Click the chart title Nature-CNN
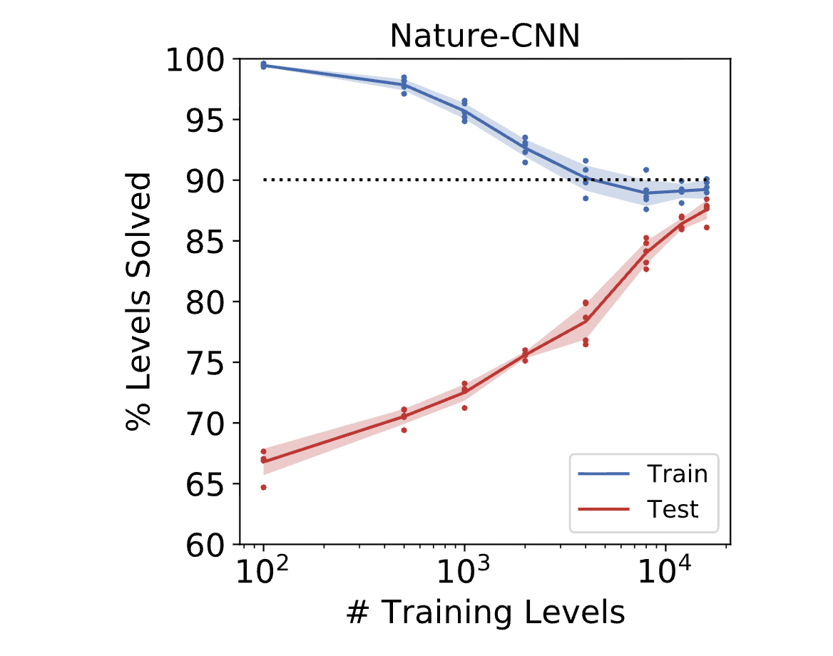pos(484,36)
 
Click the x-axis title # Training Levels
pos(484,613)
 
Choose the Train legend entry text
pos(677,473)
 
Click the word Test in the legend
pos(672,509)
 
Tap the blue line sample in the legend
pos(605,473)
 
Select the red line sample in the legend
pos(605,509)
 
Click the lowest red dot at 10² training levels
pos(263,487)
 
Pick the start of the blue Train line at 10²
pos(263,66)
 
